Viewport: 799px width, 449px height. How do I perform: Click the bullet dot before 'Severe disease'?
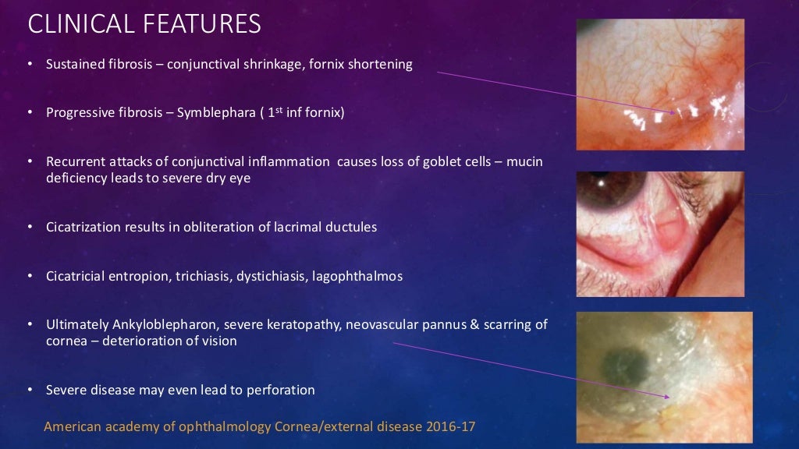(30, 390)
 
